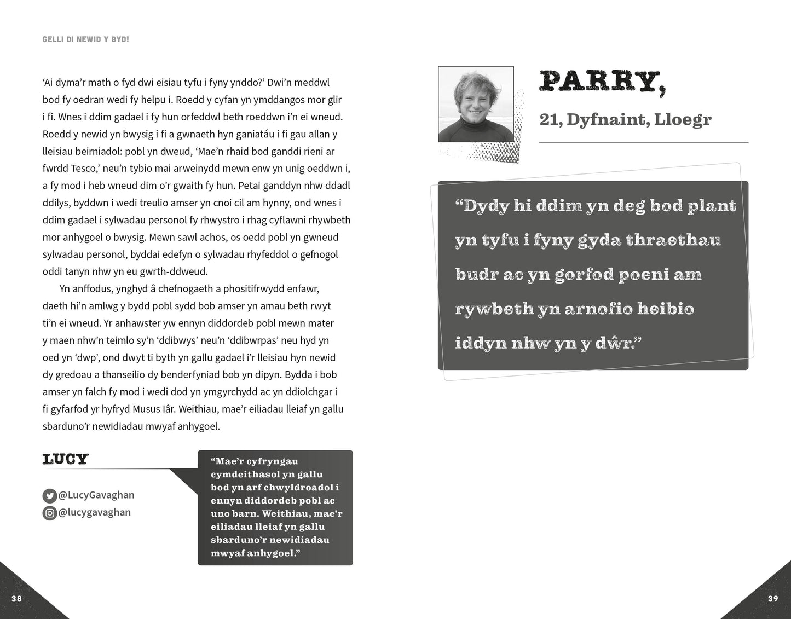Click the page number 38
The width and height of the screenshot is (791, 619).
(x=17, y=598)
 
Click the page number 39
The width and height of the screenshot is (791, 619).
(x=772, y=598)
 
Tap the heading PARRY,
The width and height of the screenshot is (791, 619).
(x=603, y=82)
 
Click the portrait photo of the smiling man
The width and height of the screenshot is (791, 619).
(x=476, y=104)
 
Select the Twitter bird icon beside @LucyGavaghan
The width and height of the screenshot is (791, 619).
(x=49, y=496)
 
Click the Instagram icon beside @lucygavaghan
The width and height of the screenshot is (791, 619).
(x=49, y=513)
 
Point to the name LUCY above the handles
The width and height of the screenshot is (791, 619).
(x=65, y=459)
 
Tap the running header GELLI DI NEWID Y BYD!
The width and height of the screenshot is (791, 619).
(x=85, y=40)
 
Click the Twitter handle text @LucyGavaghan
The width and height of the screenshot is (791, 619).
(x=96, y=495)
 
